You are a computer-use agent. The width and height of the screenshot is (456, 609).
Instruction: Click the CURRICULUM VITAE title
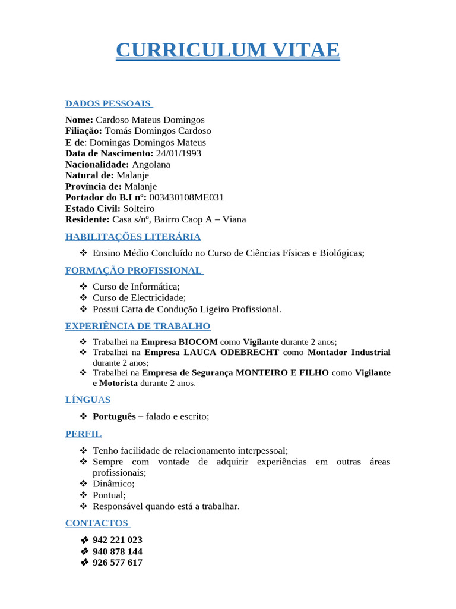[228, 50]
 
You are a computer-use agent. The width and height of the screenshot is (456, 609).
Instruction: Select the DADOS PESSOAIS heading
[109, 103]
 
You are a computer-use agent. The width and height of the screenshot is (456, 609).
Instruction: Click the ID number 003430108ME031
[186, 197]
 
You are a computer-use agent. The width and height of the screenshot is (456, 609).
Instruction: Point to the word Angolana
[151, 164]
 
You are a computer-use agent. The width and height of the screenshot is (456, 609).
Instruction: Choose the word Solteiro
[138, 208]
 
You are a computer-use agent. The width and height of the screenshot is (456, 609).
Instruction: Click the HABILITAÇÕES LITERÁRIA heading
[133, 237]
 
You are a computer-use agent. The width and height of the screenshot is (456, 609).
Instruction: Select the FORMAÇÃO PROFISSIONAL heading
[134, 271]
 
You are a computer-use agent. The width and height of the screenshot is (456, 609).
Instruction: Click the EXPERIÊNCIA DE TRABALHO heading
[138, 326]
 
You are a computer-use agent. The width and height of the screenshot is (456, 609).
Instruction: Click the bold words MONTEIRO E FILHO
[282, 372]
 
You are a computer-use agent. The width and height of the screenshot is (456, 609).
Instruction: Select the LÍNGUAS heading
[88, 400]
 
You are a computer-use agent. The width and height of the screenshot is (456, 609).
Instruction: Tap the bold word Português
[114, 417]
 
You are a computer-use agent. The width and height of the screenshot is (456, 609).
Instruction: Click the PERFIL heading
[84, 434]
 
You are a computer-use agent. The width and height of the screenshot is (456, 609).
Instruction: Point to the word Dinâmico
[113, 484]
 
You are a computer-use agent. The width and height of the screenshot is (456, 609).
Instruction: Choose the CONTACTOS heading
[97, 523]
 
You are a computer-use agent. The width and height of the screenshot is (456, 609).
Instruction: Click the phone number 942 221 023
[118, 540]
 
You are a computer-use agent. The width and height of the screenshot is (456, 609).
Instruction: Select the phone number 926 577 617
[118, 562]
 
